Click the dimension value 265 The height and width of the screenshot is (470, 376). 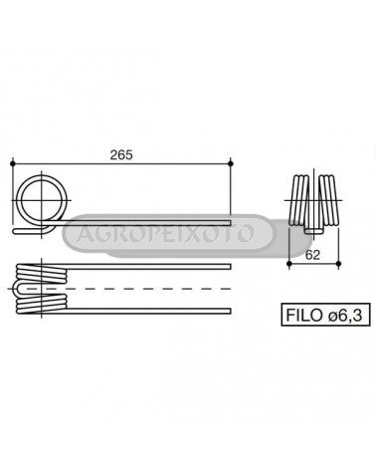click(x=121, y=155)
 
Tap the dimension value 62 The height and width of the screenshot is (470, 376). click(x=312, y=255)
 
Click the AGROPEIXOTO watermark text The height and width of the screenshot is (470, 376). click(x=165, y=233)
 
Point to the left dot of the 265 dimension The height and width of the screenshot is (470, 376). click(x=13, y=163)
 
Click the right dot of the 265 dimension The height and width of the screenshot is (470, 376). click(x=231, y=163)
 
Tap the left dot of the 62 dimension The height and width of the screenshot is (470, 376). click(x=289, y=263)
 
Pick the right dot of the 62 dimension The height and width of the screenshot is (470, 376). click(x=338, y=263)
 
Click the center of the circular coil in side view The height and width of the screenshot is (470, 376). click(x=42, y=200)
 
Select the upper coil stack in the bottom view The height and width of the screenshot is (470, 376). click(x=42, y=273)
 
